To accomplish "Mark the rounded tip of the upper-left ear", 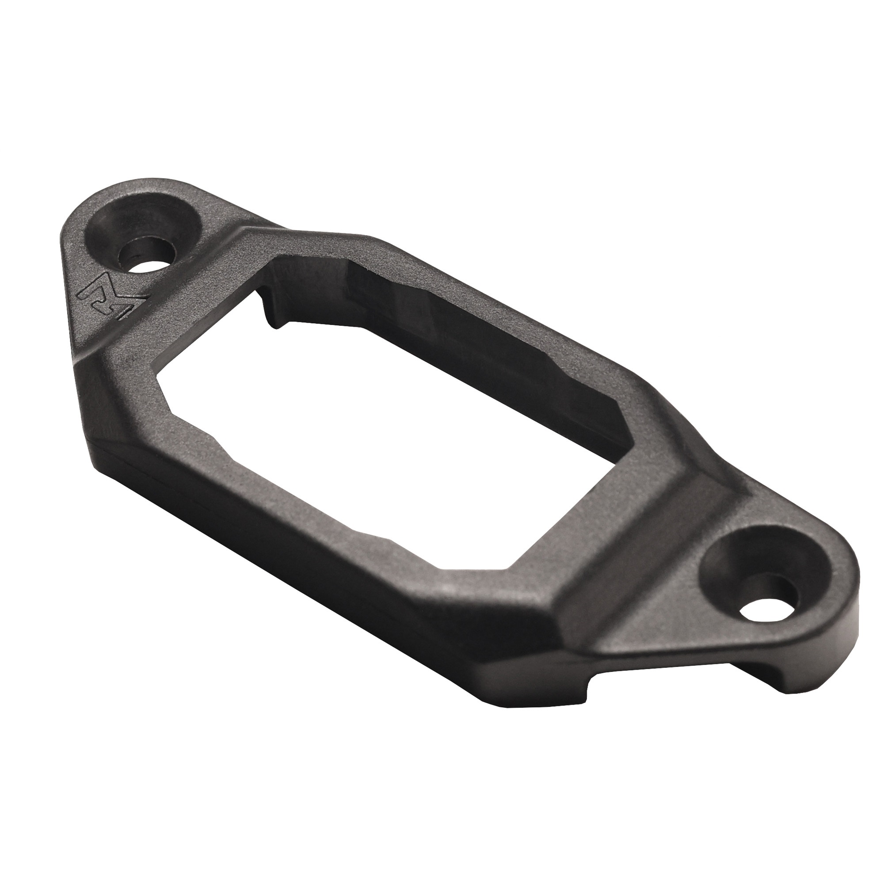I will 69,229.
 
